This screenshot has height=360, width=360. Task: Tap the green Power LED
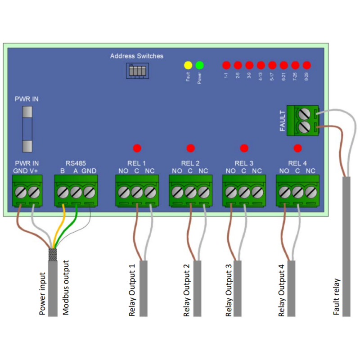(200, 65)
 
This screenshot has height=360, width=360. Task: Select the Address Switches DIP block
(136, 71)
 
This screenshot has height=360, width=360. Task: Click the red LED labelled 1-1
(226, 65)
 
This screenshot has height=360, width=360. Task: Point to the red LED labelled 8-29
(307, 65)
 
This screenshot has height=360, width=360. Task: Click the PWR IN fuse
(28, 129)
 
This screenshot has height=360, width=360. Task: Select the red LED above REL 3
(244, 148)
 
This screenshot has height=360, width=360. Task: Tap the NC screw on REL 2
(203, 192)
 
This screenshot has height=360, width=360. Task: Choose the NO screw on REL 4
(284, 192)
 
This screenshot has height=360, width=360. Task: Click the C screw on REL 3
(244, 192)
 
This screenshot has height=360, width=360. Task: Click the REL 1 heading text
(137, 163)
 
